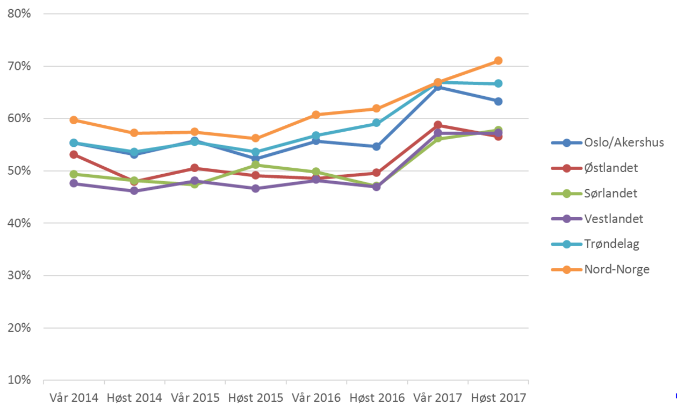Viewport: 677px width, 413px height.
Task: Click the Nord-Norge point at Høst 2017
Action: pos(498,61)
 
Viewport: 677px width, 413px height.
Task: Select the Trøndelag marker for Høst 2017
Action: pos(498,83)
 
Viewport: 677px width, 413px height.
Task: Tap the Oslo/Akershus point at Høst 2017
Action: pos(498,101)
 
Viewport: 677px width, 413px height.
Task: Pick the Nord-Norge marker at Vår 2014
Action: pos(74,120)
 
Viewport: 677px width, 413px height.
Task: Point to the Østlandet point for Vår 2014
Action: pos(74,155)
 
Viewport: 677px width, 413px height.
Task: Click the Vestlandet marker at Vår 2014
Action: pos(74,183)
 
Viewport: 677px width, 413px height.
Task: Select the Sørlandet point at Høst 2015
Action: pos(256,165)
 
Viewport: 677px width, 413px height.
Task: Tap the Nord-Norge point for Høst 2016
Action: pos(377,109)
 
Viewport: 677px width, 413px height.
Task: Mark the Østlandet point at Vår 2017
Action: pos(438,125)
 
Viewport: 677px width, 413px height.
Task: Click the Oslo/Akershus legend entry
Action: pos(624,143)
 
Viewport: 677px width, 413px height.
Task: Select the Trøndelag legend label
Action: pos(611,244)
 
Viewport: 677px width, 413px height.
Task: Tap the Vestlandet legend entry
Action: pos(613,219)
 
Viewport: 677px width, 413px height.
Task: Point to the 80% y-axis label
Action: pos(19,14)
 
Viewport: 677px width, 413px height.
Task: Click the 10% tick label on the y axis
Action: pos(19,380)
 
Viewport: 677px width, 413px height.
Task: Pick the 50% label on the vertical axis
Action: pos(19,171)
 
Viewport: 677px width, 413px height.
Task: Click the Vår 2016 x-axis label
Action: pos(316,398)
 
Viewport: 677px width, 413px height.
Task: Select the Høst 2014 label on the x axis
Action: pos(134,398)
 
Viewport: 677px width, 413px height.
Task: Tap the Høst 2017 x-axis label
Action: pos(499,398)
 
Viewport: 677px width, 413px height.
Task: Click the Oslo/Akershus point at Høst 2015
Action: pos(256,159)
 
